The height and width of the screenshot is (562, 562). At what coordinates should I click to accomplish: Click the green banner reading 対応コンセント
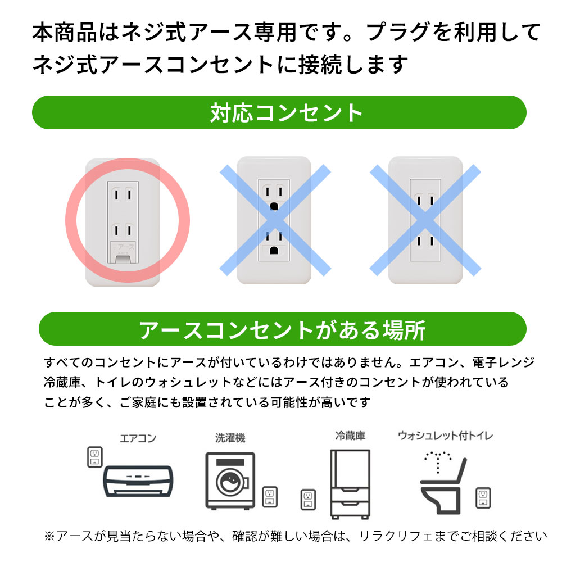pyautogui.click(x=279, y=112)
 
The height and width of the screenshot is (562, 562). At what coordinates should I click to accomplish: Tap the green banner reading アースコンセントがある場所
pyautogui.click(x=283, y=329)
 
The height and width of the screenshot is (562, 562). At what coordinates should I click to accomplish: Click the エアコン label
pyautogui.click(x=138, y=438)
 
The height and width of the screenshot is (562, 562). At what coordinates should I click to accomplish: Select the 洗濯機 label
pyautogui.click(x=230, y=438)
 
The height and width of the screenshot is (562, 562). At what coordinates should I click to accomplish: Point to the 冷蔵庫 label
pyautogui.click(x=350, y=436)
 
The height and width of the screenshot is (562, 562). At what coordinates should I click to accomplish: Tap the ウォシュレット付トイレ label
pyautogui.click(x=446, y=436)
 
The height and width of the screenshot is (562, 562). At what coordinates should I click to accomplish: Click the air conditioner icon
pyautogui.click(x=138, y=481)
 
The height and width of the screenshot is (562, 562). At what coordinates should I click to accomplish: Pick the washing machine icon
pyautogui.click(x=230, y=481)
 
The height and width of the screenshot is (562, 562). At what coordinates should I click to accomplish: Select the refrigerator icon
pyautogui.click(x=350, y=484)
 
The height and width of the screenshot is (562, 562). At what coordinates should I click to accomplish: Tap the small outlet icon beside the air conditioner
pyautogui.click(x=95, y=457)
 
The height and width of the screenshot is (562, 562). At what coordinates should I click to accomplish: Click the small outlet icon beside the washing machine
pyautogui.click(x=270, y=497)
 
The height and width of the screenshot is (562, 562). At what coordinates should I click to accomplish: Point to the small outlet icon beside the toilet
pyautogui.click(x=483, y=498)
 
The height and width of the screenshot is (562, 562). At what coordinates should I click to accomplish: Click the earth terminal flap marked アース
pyautogui.click(x=123, y=252)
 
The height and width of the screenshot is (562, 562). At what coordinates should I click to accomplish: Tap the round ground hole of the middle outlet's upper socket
pyautogui.click(x=274, y=206)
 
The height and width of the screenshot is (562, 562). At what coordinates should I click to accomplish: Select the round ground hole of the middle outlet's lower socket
pyautogui.click(x=274, y=250)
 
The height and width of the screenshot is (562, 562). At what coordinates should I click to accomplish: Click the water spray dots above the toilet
pyautogui.click(x=438, y=461)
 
